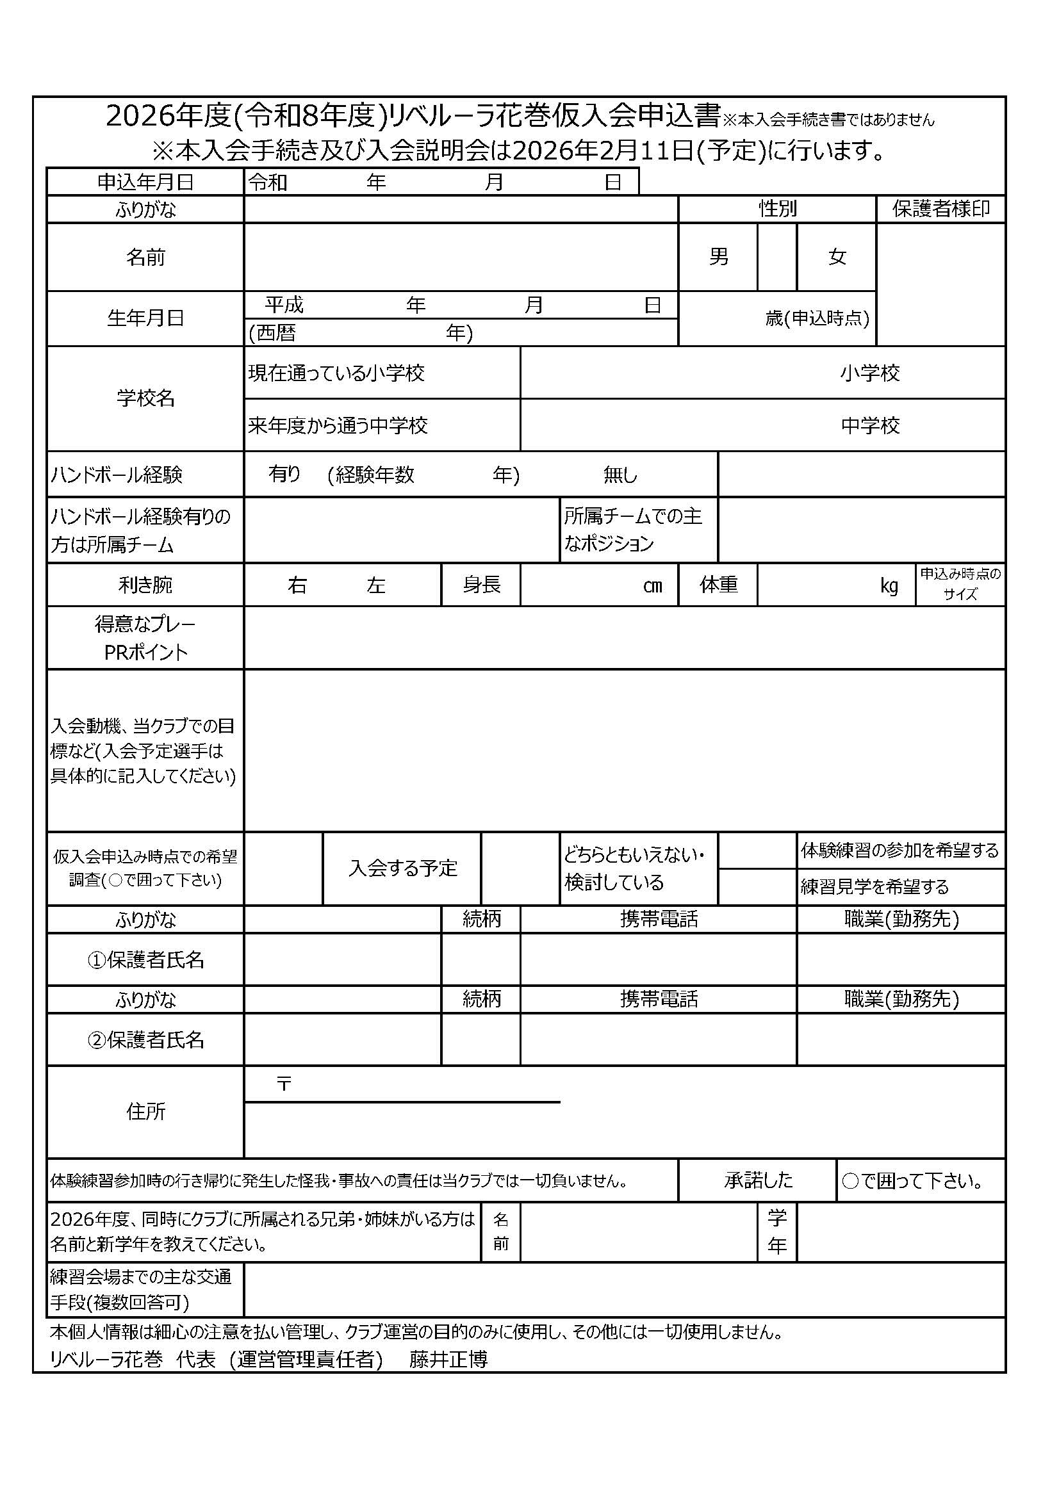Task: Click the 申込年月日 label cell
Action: tap(145, 182)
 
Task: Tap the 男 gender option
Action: tap(718, 257)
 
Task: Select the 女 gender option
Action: tap(837, 257)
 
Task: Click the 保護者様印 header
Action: tap(940, 209)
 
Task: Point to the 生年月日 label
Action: tap(145, 318)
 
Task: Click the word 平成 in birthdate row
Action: tap(284, 305)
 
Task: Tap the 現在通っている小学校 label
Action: tap(337, 373)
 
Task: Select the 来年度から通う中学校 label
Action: tap(338, 426)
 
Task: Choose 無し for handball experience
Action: tap(620, 475)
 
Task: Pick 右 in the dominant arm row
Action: tap(297, 585)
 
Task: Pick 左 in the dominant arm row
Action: tap(376, 585)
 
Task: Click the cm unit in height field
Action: tap(652, 586)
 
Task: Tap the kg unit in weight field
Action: tap(889, 586)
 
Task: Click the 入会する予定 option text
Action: tap(402, 868)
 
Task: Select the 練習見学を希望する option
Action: tap(874, 886)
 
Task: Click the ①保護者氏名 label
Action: tap(145, 960)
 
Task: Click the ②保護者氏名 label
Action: tap(145, 1039)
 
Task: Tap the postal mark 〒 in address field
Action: tap(284, 1084)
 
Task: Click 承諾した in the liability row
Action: tap(757, 1180)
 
